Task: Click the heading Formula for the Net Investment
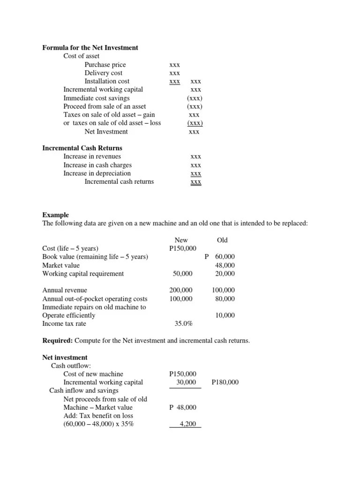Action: coord(90,48)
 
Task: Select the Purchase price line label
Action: coord(105,65)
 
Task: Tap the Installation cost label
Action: coord(107,81)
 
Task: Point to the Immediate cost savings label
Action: coord(97,98)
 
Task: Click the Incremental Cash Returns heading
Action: coord(82,148)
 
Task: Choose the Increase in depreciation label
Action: coord(97,173)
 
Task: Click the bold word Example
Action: coord(55,215)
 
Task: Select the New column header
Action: coord(181,240)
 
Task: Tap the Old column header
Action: coord(222,240)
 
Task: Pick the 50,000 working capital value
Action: coord(183,274)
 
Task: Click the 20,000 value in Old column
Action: coord(225,274)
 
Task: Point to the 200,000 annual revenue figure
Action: coord(181,291)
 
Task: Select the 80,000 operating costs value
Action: coord(225,299)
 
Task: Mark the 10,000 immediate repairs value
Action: coord(225,315)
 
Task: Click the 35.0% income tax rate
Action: coord(183,324)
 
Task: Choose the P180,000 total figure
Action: coord(225,382)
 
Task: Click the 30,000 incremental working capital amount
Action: coord(186,382)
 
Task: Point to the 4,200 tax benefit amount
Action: coord(187,424)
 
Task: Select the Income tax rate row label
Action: coord(64,324)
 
